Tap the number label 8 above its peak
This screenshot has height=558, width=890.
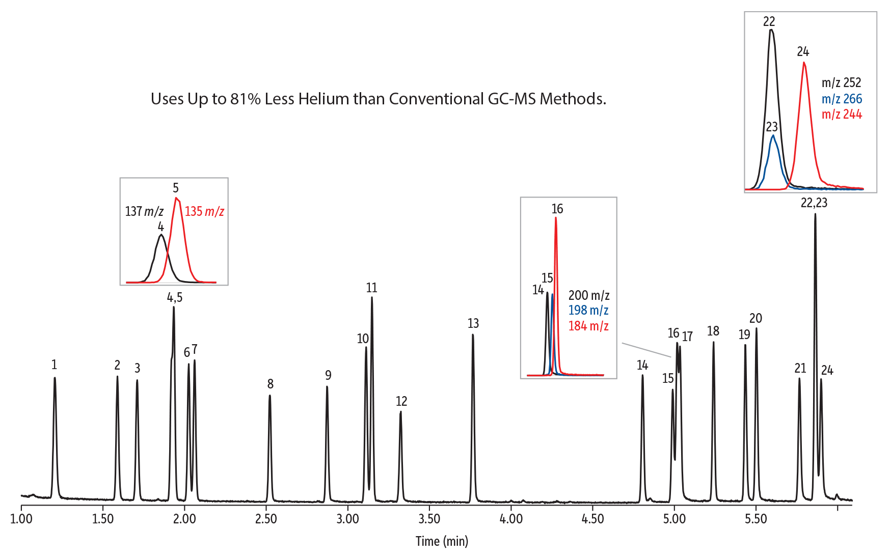click(271, 384)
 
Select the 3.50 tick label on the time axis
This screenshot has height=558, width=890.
click(429, 519)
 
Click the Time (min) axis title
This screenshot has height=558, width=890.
click(442, 541)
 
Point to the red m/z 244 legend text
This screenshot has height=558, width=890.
click(842, 115)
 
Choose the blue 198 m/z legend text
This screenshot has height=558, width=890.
click(588, 310)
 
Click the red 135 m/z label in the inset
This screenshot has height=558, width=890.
click(204, 211)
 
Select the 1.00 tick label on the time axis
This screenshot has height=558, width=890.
click(21, 519)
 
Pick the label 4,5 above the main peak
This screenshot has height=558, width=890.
click(175, 297)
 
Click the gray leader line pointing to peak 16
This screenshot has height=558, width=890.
click(646, 350)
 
